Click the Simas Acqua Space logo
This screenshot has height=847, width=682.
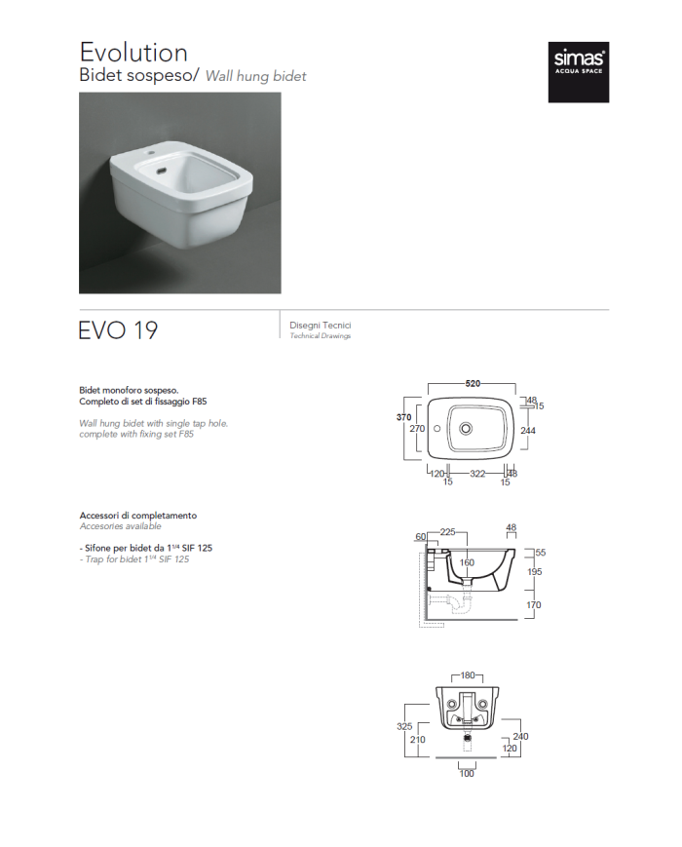579,72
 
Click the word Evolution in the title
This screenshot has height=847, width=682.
133,53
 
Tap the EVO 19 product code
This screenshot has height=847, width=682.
118,330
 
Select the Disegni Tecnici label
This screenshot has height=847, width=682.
321,326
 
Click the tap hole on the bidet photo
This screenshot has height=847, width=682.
150,156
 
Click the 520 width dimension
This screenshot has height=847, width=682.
473,383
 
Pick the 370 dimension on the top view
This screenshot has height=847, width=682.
404,417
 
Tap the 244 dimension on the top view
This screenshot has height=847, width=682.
527,431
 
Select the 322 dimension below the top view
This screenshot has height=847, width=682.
477,474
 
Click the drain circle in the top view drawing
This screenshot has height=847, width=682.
466,429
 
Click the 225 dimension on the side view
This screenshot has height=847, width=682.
447,532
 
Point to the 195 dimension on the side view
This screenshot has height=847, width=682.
534,571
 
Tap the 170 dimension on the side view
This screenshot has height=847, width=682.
534,605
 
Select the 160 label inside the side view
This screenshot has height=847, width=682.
467,562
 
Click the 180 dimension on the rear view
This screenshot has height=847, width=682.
468,675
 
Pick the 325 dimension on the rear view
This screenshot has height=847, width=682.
404,726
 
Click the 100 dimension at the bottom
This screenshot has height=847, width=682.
467,774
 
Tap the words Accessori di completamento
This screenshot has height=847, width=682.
138,516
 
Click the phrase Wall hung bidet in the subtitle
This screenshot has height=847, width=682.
256,76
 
